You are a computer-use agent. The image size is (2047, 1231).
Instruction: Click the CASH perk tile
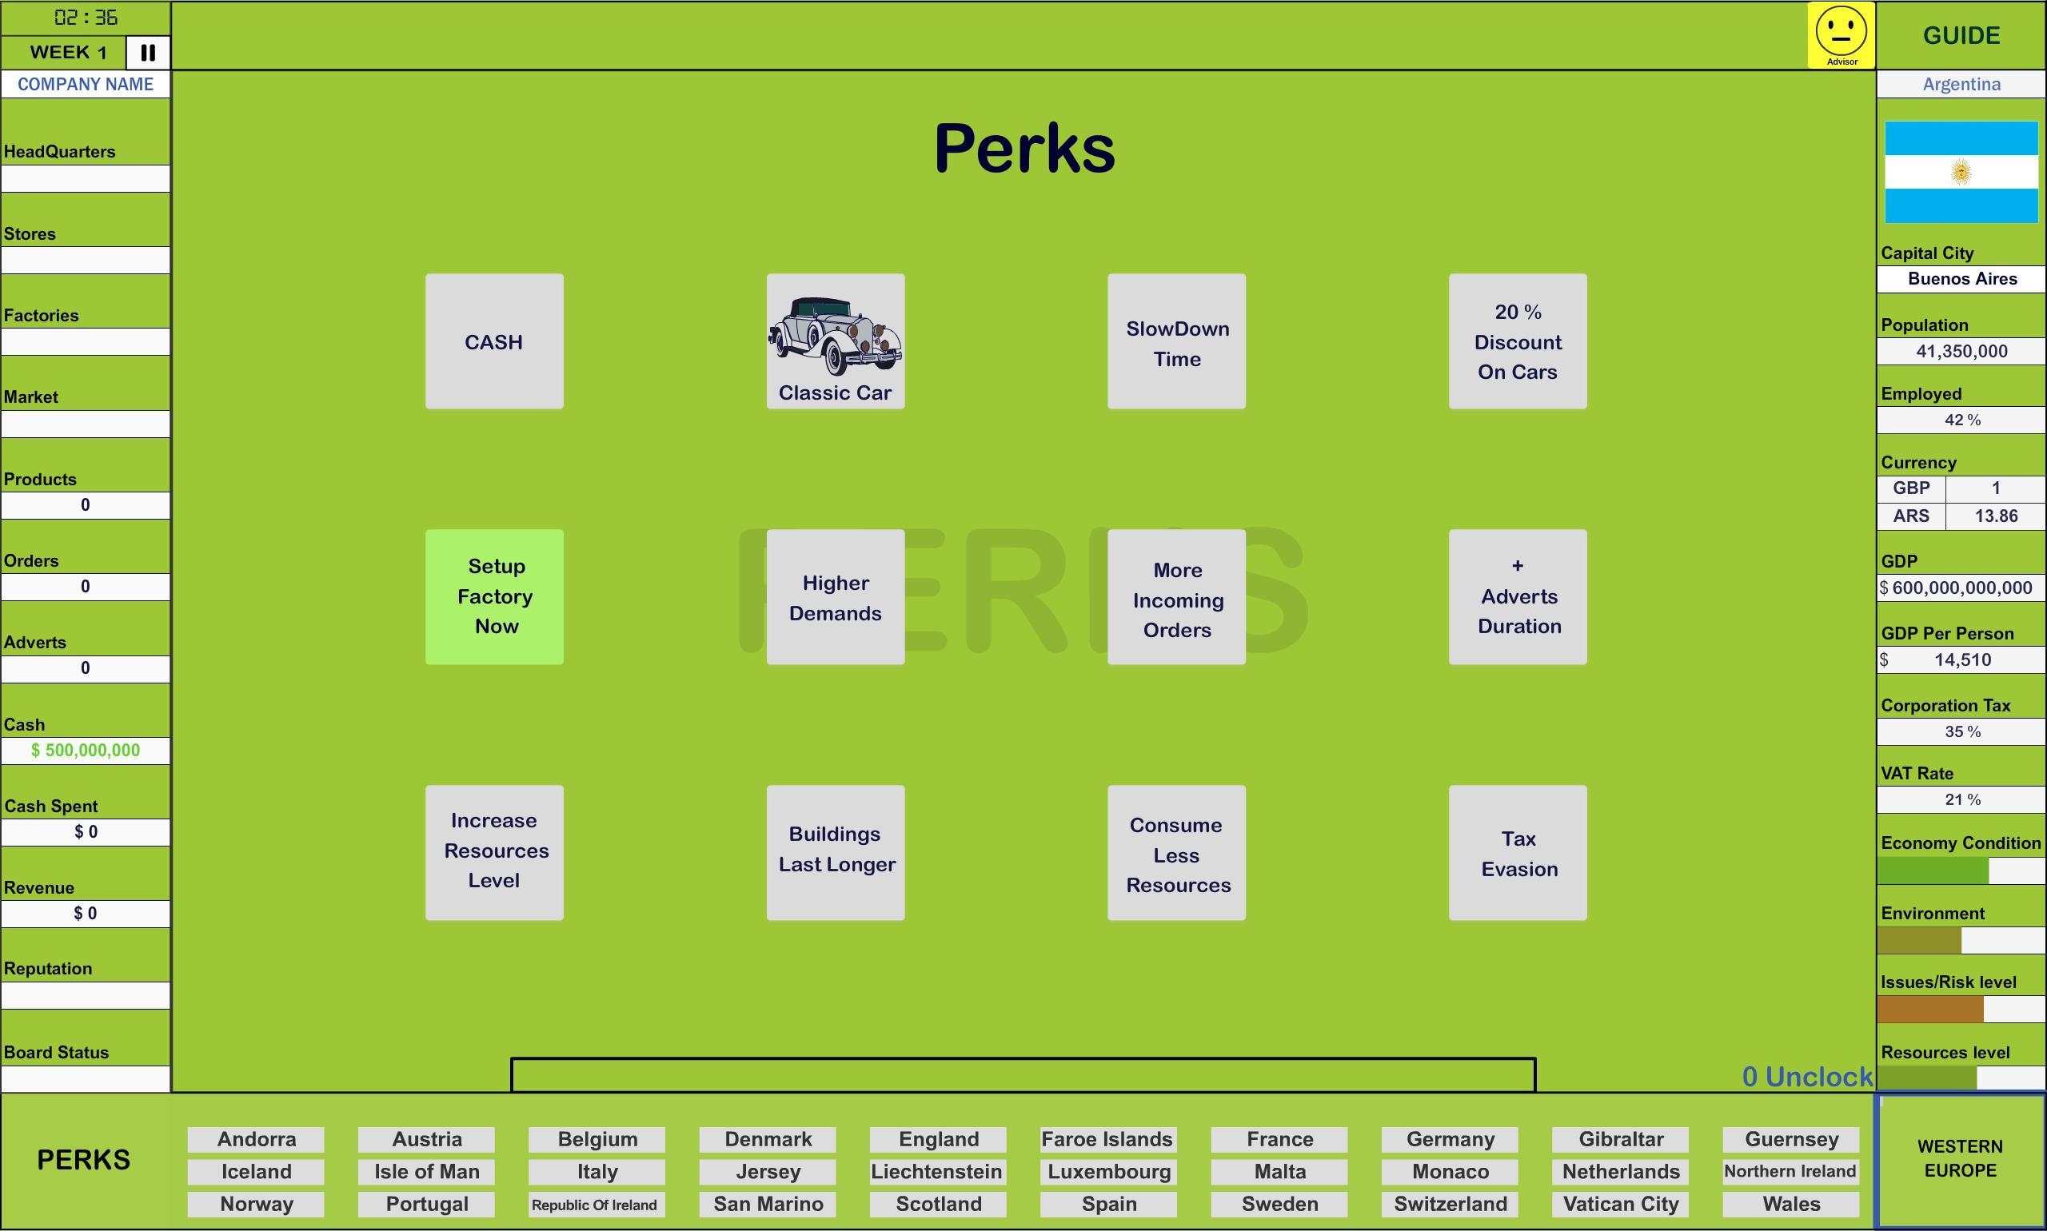click(494, 341)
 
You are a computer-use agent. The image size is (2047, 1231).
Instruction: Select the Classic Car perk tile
click(836, 341)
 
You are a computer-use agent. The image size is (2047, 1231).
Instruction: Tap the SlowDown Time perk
click(1176, 341)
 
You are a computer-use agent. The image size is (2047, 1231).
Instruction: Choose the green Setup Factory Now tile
click(494, 596)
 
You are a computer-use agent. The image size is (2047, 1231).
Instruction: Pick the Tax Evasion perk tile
click(1518, 853)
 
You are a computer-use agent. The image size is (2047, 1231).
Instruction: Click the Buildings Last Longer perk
click(836, 853)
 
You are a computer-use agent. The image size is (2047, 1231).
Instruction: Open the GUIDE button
click(1961, 36)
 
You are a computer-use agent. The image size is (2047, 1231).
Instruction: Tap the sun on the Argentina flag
click(1961, 173)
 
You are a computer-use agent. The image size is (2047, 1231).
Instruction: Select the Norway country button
click(257, 1204)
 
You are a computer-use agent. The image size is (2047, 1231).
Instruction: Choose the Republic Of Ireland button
click(597, 1204)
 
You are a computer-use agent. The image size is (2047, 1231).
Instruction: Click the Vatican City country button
click(1621, 1204)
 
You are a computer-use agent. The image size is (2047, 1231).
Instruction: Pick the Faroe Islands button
click(1108, 1139)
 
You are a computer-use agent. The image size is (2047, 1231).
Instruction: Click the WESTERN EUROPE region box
click(1961, 1160)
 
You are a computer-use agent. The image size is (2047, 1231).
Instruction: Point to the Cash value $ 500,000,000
click(86, 751)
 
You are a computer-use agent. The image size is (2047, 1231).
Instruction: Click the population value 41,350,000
click(1961, 351)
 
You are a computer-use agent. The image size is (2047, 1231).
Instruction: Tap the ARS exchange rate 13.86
click(1996, 516)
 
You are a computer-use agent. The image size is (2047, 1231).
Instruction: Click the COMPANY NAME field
click(86, 84)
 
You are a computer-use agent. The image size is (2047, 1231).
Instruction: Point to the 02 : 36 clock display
click(86, 18)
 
